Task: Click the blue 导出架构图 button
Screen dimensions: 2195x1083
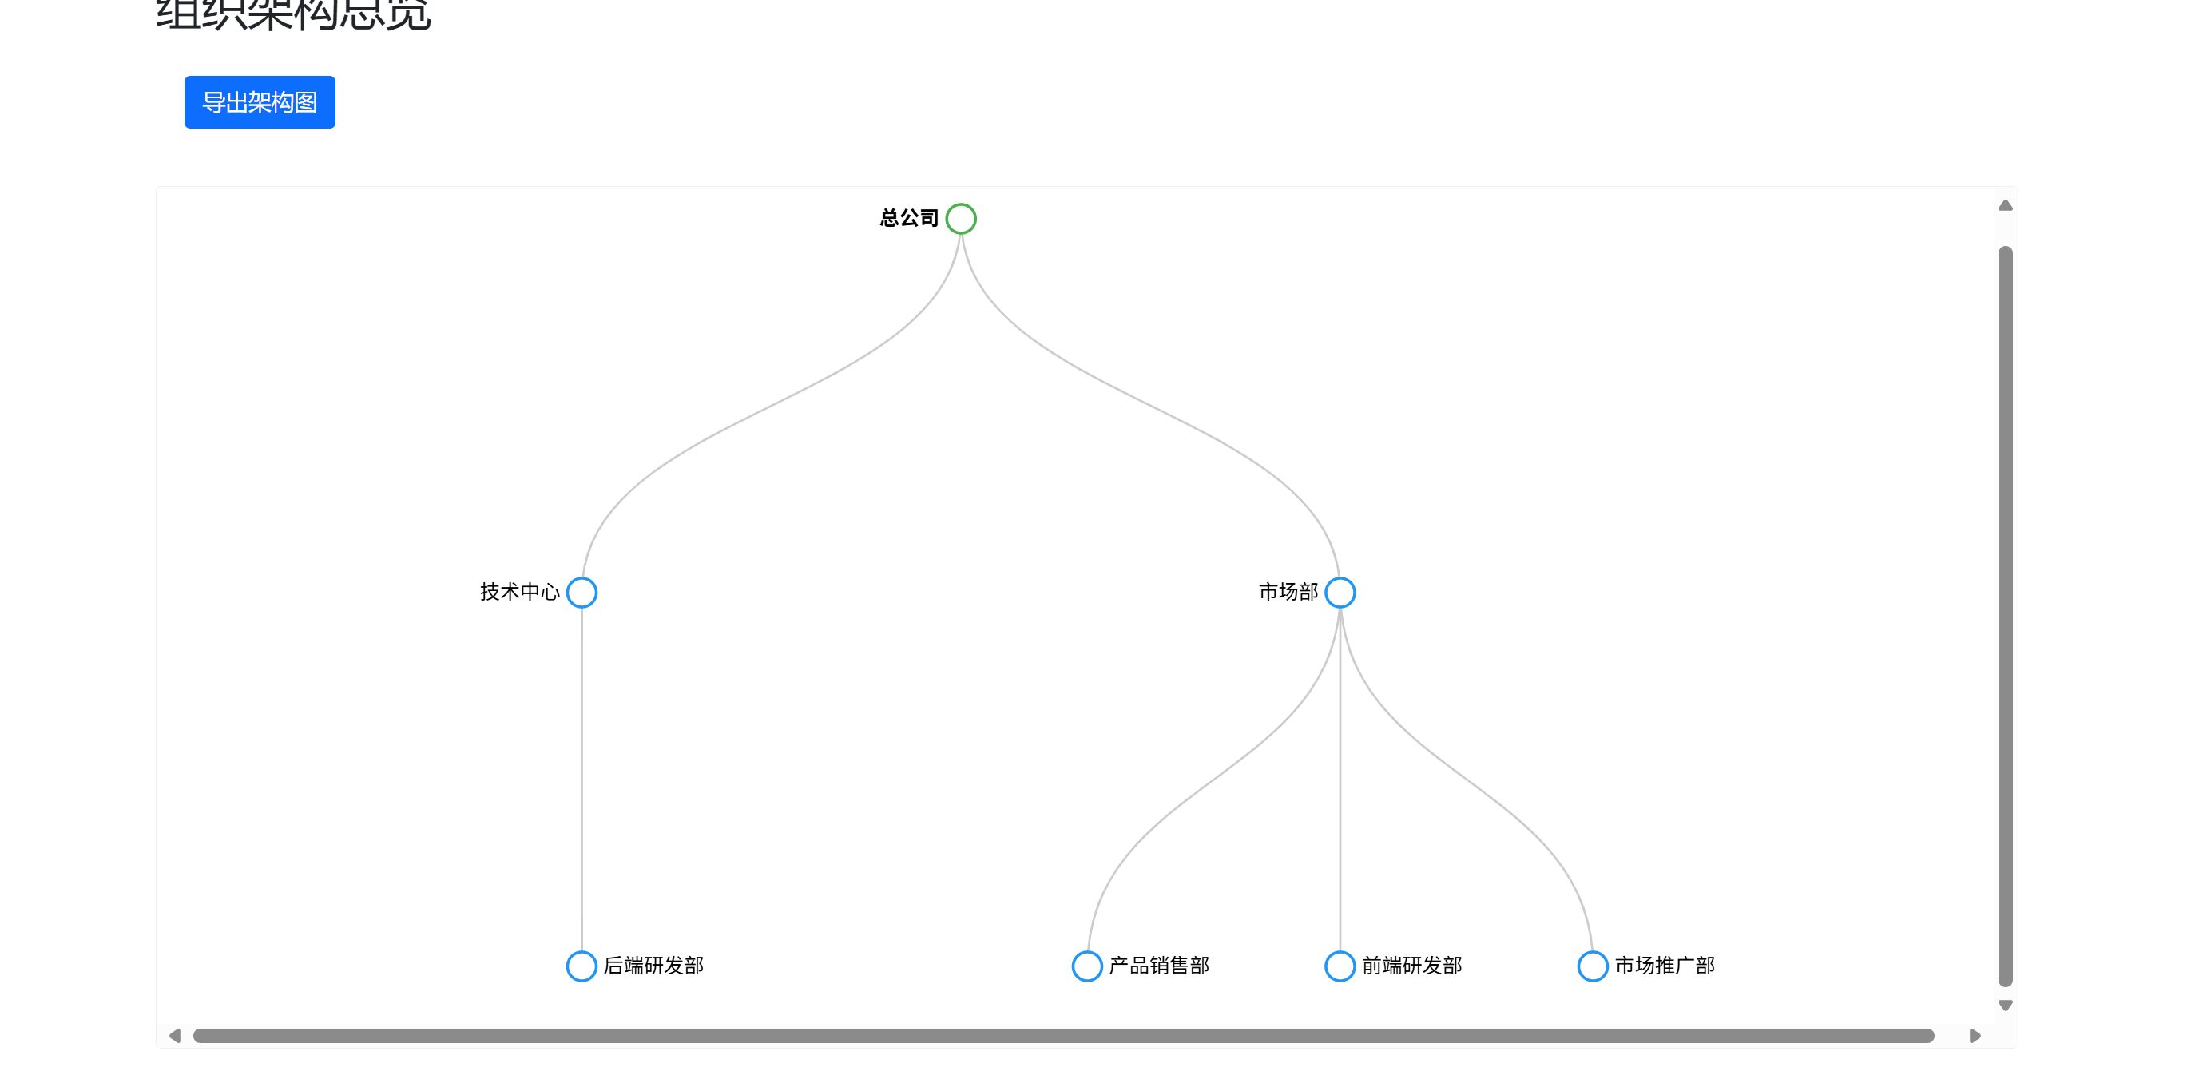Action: pos(259,102)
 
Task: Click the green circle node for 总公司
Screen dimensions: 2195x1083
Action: pos(960,219)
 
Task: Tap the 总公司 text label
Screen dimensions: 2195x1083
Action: pos(908,219)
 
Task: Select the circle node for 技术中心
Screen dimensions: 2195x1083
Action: pos(581,592)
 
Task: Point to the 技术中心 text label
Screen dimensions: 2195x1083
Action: pos(519,592)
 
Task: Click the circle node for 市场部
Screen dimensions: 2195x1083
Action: pos(1340,592)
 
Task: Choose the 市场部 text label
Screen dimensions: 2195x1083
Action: pos(1288,592)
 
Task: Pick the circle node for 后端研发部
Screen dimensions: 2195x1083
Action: pos(581,966)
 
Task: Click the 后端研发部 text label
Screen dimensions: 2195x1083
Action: pos(653,966)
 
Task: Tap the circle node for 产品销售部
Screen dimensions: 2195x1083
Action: pos(1086,966)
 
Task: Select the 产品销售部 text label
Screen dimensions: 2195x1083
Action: pos(1159,966)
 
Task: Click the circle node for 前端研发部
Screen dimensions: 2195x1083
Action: pos(1340,966)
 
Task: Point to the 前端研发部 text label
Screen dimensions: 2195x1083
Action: pos(1412,966)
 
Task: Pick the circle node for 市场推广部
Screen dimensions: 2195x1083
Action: pos(1592,966)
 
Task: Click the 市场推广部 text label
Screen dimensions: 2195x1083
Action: pos(1665,966)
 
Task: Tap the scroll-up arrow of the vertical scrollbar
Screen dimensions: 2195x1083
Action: pos(2005,205)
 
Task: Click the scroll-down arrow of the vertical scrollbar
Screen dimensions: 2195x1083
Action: pos(2005,1006)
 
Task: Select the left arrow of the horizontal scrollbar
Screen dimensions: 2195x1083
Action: pos(175,1036)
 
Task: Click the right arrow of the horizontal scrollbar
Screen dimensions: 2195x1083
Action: pos(1975,1036)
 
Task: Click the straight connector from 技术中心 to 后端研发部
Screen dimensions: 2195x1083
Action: pos(582,780)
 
